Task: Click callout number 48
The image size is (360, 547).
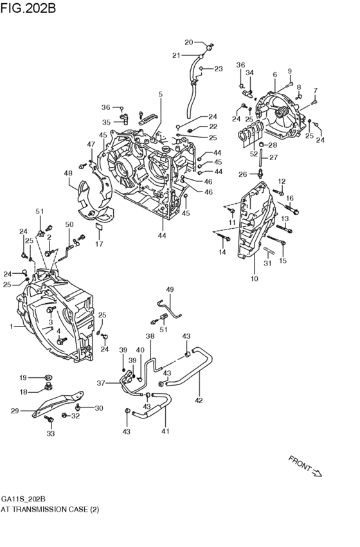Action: pos(68,172)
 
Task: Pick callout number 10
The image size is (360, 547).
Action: pos(254,278)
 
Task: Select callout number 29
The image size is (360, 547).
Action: pos(14,409)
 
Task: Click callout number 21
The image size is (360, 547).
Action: pos(175,56)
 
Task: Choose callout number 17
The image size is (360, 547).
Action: pos(99,244)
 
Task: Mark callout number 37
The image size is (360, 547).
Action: pos(100,383)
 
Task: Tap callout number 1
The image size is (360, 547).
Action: pos(11,327)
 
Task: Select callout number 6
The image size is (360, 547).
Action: pos(274,75)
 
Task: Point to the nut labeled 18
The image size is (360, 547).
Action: pos(48,387)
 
